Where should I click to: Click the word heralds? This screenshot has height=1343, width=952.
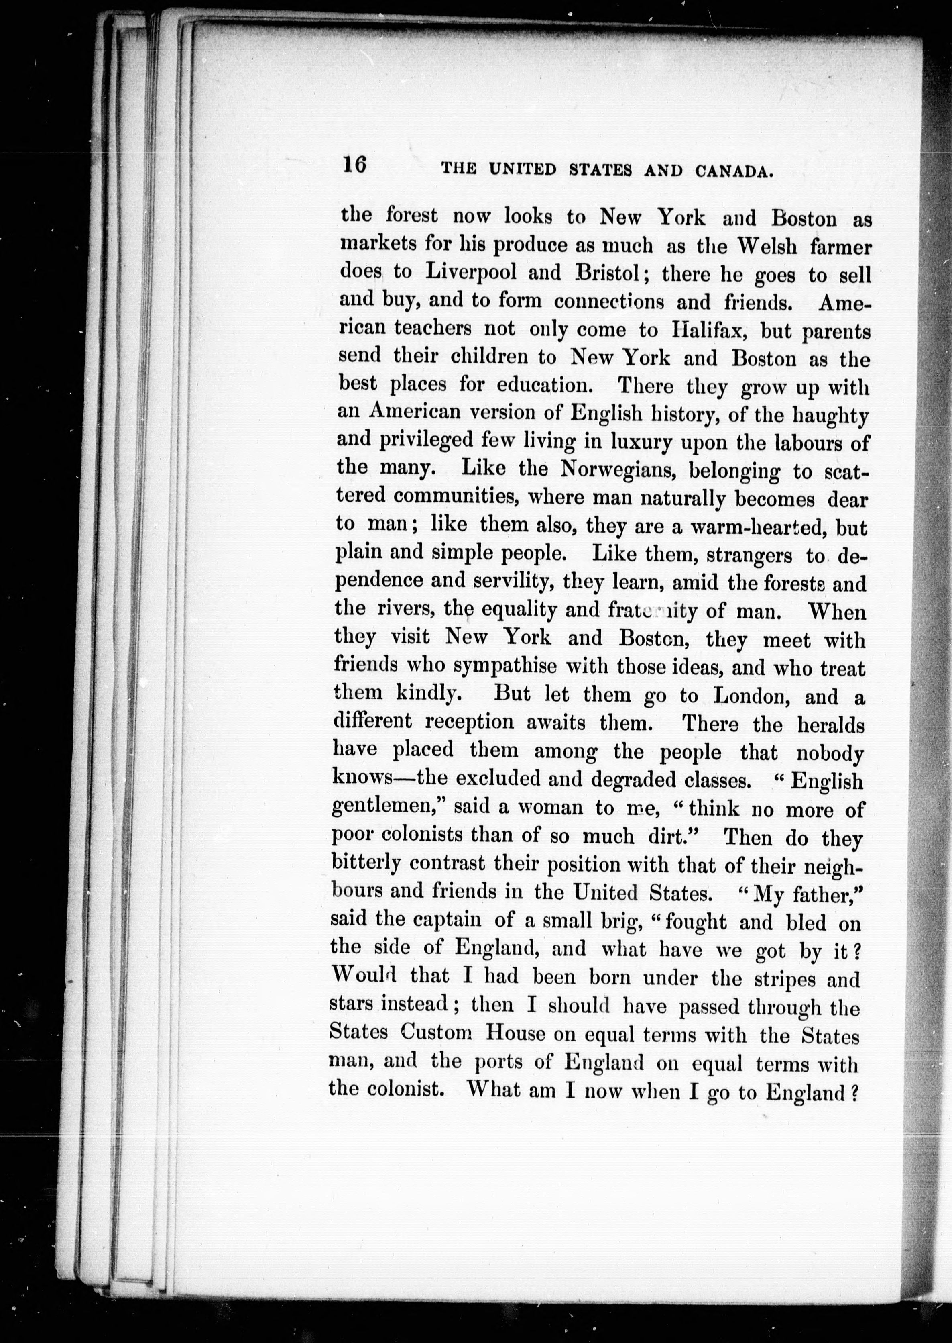click(x=831, y=725)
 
